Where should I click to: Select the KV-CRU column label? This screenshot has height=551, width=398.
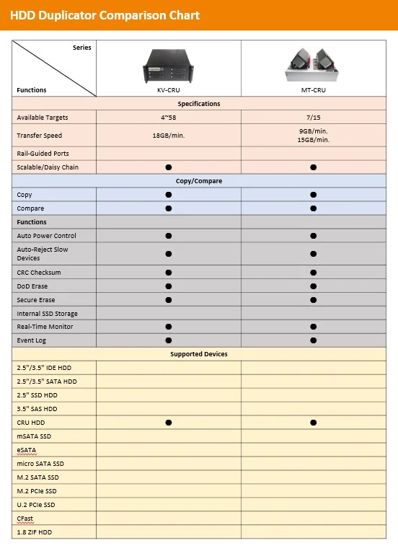168,90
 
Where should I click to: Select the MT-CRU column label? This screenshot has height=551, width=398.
313,90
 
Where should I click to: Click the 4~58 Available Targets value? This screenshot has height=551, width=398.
168,117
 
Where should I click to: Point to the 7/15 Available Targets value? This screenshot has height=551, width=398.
313,117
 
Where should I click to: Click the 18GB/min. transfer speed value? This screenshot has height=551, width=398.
168,136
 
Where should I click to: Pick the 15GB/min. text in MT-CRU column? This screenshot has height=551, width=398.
313,140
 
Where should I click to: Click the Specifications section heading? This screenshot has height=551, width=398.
198,104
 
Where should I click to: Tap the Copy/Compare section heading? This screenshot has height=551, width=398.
198,181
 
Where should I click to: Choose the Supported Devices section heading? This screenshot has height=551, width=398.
198,354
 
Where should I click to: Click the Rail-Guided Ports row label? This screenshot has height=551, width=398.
43,154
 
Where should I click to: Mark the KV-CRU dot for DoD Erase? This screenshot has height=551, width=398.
168,286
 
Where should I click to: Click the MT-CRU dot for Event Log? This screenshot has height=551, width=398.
313,340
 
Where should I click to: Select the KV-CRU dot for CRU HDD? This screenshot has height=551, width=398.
168,423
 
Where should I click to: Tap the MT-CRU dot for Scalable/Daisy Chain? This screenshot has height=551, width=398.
313,167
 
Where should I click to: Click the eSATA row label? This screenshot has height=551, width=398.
27,450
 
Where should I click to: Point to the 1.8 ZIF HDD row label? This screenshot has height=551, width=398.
34,532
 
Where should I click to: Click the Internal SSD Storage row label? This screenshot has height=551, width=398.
47,314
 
